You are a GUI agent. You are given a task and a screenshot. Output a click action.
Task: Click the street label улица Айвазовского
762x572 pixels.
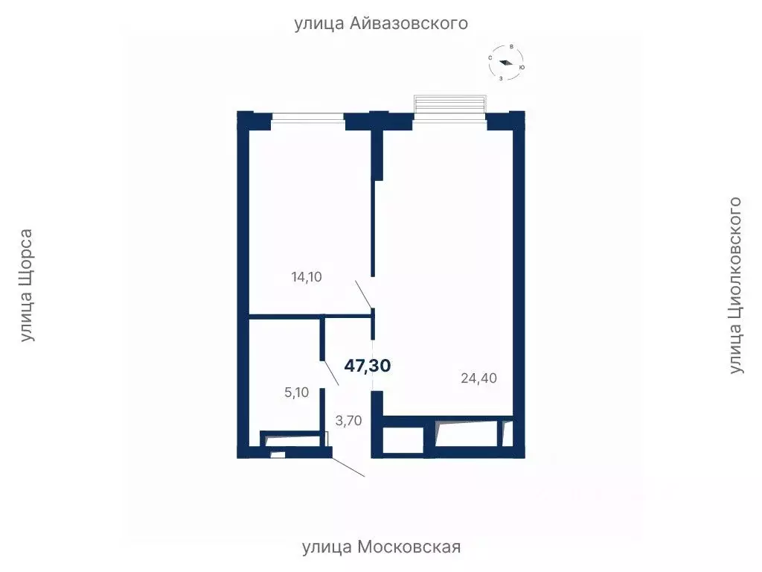pos(381,23)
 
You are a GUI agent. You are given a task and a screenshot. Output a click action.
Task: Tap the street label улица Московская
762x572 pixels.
pos(381,547)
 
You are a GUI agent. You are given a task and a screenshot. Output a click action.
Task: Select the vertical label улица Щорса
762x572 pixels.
pos(27,286)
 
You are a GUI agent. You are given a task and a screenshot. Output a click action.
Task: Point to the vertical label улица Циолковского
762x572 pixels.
pos(735,286)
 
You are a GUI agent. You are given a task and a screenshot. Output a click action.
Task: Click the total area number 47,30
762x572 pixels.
pos(368,365)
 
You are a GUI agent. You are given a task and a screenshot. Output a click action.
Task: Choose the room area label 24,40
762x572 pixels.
pos(478,378)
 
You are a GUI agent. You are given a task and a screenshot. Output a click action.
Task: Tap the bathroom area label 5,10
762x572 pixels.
pos(296,392)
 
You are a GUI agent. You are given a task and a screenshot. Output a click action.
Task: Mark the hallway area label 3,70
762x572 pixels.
pos(348,421)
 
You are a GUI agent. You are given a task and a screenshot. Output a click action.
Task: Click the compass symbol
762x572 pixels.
pos(506,63)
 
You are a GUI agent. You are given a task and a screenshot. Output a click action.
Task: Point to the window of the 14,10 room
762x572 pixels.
pos(307,116)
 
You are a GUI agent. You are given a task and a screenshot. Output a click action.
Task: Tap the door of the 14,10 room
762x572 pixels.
pos(365,293)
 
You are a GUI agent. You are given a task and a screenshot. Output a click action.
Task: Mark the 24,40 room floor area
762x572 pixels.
pos(446,261)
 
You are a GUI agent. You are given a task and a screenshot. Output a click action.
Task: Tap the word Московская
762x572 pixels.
pos(409,547)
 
